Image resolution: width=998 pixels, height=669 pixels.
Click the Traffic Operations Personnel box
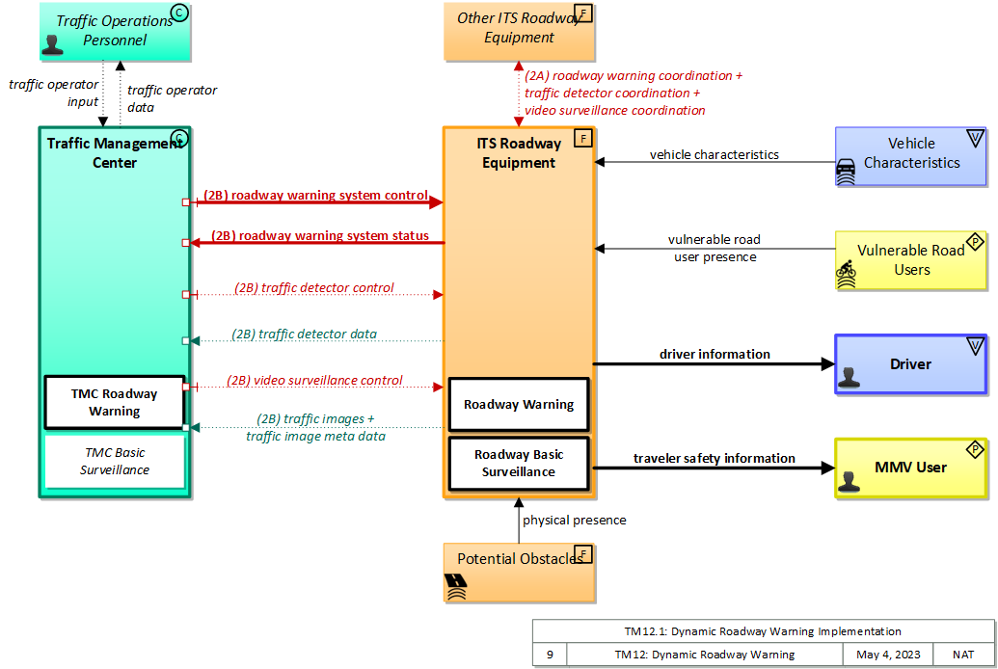115,30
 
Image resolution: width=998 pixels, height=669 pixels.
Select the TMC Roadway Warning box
115,402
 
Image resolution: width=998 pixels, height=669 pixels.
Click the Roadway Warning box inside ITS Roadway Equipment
519,405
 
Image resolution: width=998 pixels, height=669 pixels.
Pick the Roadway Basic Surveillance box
519,464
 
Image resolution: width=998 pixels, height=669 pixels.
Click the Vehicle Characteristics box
911,155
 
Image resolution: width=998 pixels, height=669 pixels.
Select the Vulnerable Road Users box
911,260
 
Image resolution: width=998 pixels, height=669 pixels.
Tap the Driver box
910,364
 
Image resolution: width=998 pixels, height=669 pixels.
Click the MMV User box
910,468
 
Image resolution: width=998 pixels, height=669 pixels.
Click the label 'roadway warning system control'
314,195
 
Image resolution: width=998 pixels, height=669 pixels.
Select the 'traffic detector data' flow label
304,334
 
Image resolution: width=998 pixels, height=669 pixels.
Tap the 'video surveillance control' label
314,381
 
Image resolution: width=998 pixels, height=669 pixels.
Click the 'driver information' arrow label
715,355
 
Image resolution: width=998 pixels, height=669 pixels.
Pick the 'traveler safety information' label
714,459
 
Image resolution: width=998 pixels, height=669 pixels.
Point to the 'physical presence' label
574,521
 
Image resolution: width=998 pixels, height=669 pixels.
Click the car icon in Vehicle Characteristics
846,172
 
